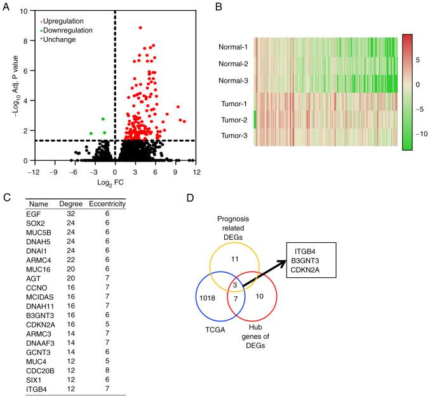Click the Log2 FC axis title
[114, 183]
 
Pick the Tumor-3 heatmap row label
[231, 135]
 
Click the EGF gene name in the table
[36, 215]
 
